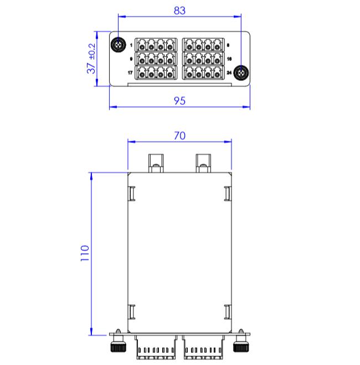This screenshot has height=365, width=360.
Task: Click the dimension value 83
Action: pyautogui.click(x=179, y=11)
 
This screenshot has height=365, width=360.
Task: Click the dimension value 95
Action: pyautogui.click(x=179, y=101)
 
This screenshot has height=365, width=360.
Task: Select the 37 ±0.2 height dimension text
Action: pyautogui.click(x=91, y=58)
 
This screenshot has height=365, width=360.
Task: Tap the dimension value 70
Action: pyautogui.click(x=179, y=136)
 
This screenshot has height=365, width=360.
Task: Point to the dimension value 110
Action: pyautogui.click(x=85, y=253)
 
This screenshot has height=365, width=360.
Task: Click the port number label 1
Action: pyautogui.click(x=131, y=45)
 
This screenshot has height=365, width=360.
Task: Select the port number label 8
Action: pyautogui.click(x=228, y=45)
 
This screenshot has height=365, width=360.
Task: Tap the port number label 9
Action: pyautogui.click(x=131, y=59)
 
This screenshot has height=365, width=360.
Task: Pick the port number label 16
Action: pyautogui.click(x=229, y=59)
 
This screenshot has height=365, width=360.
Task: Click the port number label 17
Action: pyautogui.click(x=130, y=73)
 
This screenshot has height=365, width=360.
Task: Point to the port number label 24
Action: pyautogui.click(x=229, y=73)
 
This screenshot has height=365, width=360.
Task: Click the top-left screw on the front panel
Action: pyautogui.click(x=119, y=44)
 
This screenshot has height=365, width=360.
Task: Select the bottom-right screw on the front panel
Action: pyautogui.click(x=241, y=73)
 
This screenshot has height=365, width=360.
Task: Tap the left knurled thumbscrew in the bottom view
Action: pyautogui.click(x=118, y=343)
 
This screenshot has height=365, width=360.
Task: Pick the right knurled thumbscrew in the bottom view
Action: pyautogui.click(x=241, y=343)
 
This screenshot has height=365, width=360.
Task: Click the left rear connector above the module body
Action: pyautogui.click(x=156, y=163)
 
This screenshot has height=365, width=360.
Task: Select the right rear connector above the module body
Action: pyautogui.click(x=203, y=163)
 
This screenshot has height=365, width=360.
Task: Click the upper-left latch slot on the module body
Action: pyautogui.click(x=132, y=193)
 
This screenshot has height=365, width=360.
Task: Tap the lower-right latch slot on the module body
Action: pyautogui.click(x=228, y=312)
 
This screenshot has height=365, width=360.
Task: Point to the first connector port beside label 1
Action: pyautogui.click(x=142, y=45)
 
